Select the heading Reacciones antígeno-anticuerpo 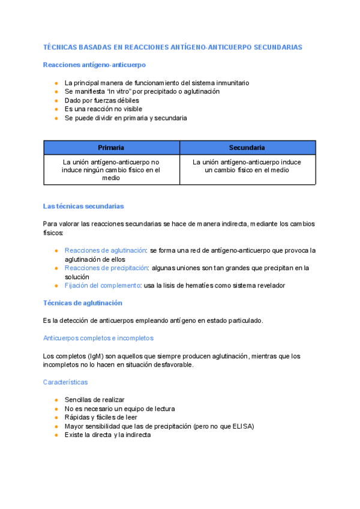point(94,64)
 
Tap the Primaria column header point(111,148)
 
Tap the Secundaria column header point(247,148)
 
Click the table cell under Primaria point(111,170)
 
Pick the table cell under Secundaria point(247,166)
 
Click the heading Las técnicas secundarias point(83,206)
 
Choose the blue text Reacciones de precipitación point(106,268)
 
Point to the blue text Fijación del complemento point(102,286)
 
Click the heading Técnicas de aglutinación point(83,303)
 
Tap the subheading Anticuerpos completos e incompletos point(98,338)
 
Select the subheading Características point(65,382)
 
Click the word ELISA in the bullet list point(242,426)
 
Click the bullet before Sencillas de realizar point(56,400)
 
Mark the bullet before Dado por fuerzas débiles point(56,101)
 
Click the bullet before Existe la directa point(56,435)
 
